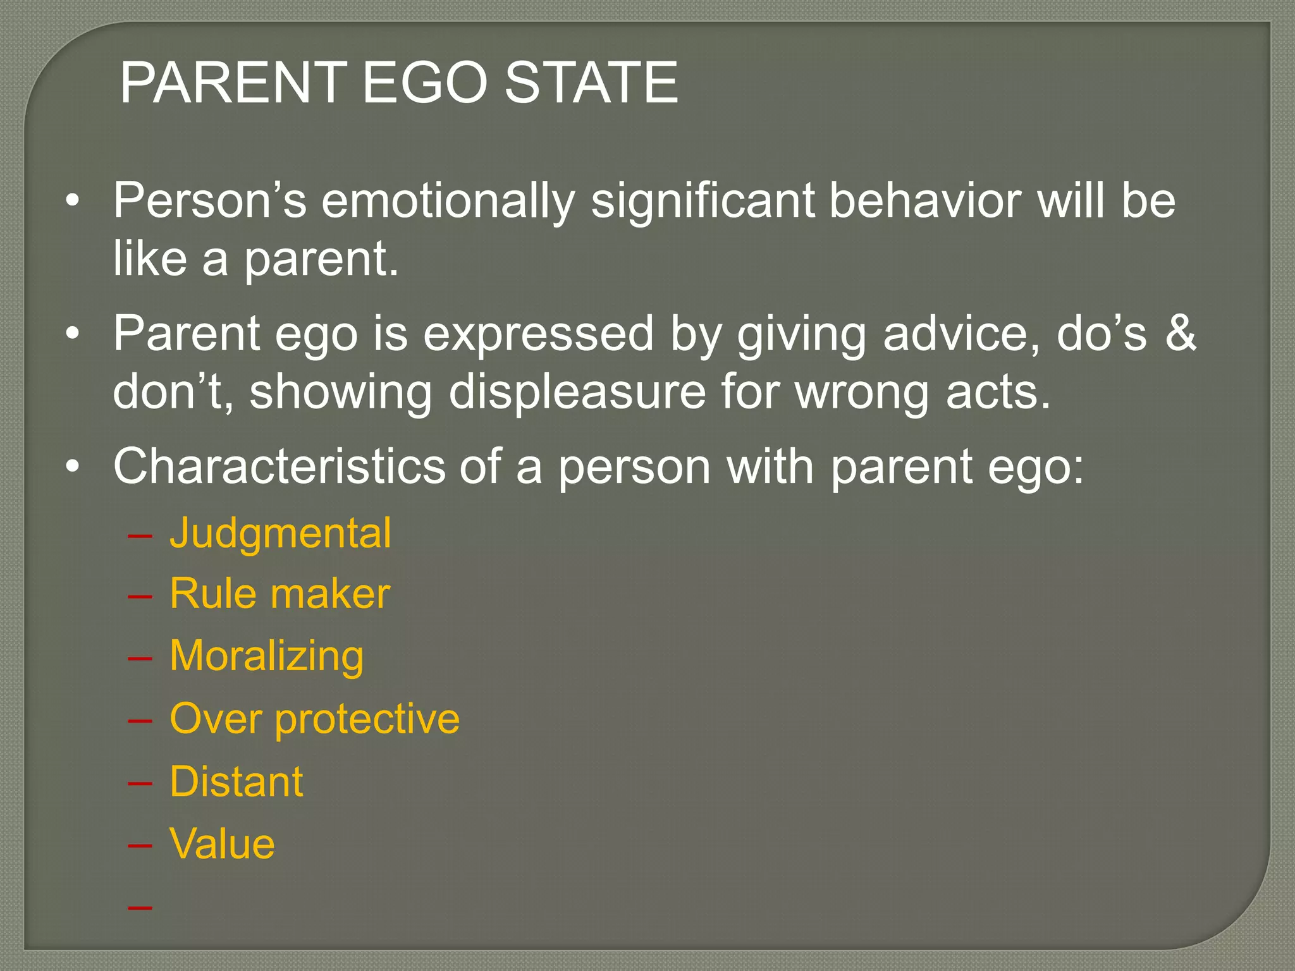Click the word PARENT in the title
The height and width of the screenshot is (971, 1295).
click(x=233, y=83)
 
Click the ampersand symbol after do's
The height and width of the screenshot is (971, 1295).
click(x=1181, y=334)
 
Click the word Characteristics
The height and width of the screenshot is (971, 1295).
click(x=279, y=467)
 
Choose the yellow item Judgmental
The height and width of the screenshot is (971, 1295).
click(x=280, y=533)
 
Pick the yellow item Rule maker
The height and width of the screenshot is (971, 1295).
click(x=279, y=594)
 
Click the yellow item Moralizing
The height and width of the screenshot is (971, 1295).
click(x=266, y=656)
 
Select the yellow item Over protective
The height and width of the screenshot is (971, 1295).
click(x=314, y=719)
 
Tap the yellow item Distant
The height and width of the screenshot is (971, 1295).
click(x=236, y=781)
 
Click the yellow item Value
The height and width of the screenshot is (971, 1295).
click(x=222, y=843)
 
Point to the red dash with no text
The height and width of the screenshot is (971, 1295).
click(x=140, y=908)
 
